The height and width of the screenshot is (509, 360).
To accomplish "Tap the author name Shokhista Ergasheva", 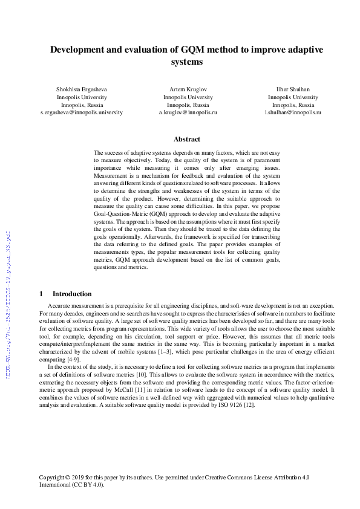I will [81, 89].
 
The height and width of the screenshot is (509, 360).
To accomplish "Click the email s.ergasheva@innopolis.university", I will [81, 112].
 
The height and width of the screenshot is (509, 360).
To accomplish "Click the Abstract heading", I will [187, 139].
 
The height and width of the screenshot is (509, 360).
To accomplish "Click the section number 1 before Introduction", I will [41, 293].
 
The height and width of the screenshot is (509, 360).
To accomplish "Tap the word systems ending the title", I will [187, 62].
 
